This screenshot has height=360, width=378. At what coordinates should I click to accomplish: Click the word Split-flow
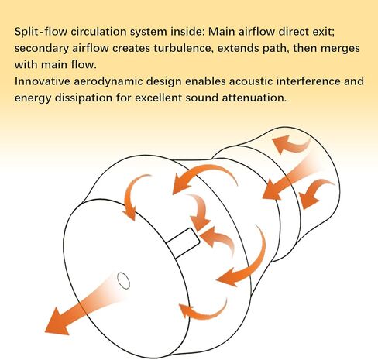[x=41, y=32]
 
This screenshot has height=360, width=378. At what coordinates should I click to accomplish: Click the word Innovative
[x=43, y=81]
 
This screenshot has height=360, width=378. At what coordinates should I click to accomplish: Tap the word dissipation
[x=84, y=98]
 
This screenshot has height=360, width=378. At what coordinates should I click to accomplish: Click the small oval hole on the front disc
[x=123, y=280]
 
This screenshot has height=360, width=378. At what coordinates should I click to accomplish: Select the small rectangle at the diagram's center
[x=183, y=242]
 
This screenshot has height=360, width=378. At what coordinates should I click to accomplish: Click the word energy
[x=33, y=99]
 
